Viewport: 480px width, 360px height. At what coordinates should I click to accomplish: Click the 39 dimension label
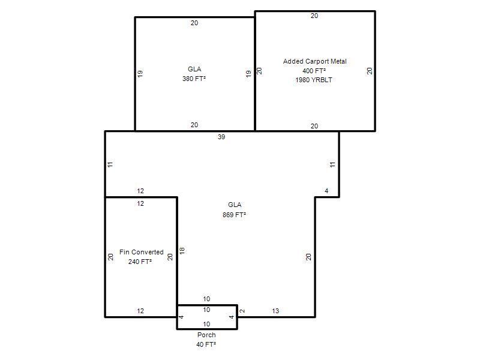[221, 137]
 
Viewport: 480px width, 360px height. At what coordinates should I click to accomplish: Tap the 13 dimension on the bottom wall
[275, 311]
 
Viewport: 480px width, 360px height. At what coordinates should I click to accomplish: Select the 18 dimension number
[182, 251]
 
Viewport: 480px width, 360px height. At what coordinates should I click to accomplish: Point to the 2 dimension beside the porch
[242, 311]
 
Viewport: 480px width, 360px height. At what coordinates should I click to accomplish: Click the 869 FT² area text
[234, 215]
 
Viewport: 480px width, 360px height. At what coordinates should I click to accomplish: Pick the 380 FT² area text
[194, 79]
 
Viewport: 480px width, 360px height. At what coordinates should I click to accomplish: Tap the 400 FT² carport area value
[314, 71]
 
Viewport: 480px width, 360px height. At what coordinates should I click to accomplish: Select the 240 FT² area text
[140, 262]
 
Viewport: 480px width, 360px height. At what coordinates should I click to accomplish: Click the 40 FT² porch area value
[206, 344]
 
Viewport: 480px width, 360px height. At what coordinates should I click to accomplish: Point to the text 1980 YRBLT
[314, 80]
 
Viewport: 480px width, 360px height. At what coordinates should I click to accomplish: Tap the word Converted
[148, 252]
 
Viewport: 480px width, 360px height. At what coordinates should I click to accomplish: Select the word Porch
[206, 335]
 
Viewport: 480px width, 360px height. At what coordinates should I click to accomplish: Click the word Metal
[338, 61]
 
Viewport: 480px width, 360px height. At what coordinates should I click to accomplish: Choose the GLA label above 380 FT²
[194, 69]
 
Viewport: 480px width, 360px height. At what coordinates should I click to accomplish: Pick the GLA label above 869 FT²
[235, 205]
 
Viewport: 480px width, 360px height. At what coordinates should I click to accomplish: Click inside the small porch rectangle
[207, 317]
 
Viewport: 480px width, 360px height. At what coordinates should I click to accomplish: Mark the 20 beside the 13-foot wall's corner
[308, 257]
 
